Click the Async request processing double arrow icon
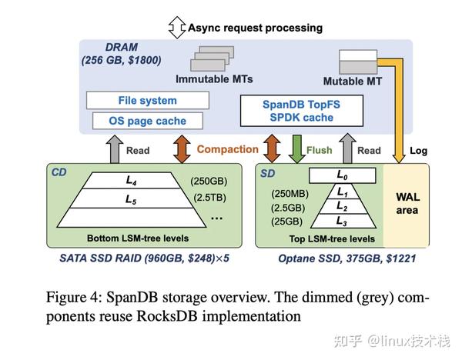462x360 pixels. coord(176,28)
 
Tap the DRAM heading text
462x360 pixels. coord(101,47)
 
